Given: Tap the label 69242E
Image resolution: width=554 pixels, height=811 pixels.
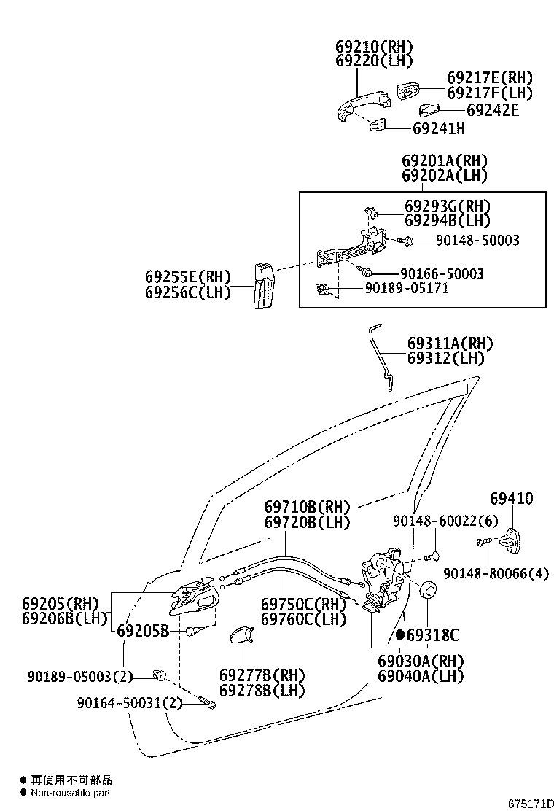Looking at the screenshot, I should coord(492,110).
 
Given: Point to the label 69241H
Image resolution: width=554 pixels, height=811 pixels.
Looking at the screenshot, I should coord(438,128).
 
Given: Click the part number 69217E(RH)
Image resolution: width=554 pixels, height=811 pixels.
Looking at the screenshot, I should coord(489,78).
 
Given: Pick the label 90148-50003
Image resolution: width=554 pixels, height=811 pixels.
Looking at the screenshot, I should coord(477,240).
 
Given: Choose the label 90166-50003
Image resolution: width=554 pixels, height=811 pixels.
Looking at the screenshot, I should coord(441,273).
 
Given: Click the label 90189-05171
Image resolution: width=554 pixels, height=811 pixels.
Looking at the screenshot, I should coord(406,288).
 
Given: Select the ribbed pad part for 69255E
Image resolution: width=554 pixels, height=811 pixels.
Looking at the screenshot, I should coord(263,286).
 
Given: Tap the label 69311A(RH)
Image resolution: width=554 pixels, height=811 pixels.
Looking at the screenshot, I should coord(450,344).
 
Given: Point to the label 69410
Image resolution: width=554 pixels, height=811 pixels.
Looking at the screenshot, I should coord(511,499).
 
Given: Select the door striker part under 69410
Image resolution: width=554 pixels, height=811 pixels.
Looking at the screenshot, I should coord(514,543).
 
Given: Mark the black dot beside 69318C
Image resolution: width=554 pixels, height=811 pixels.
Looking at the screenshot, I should coord(400,635).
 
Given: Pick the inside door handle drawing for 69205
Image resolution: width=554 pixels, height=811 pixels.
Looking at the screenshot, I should coord(193,597).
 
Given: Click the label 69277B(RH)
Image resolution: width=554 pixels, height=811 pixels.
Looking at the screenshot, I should coord(262,675).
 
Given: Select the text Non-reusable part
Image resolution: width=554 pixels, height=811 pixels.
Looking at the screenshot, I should coord(70,793).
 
